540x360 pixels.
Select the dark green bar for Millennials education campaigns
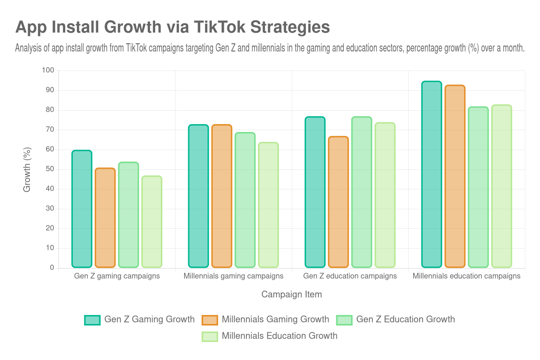(432, 174)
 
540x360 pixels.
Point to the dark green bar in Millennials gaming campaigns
(198, 196)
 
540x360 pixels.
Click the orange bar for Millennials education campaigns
(455, 176)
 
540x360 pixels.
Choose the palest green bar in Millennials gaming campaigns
(268, 205)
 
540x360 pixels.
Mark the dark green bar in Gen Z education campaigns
(315, 192)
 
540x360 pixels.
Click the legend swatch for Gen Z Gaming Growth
(92, 320)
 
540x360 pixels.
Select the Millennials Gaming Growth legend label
(275, 319)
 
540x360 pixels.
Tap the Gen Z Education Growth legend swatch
(344, 320)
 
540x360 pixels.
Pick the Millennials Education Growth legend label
(279, 336)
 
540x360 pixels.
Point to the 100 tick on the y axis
(48, 70)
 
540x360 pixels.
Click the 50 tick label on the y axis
(50, 169)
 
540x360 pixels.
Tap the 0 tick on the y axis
(52, 267)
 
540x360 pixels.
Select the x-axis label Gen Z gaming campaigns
(117, 276)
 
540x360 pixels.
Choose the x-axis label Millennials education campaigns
(466, 276)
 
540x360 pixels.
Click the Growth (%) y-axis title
(27, 169)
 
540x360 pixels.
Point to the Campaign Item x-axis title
(291, 295)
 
